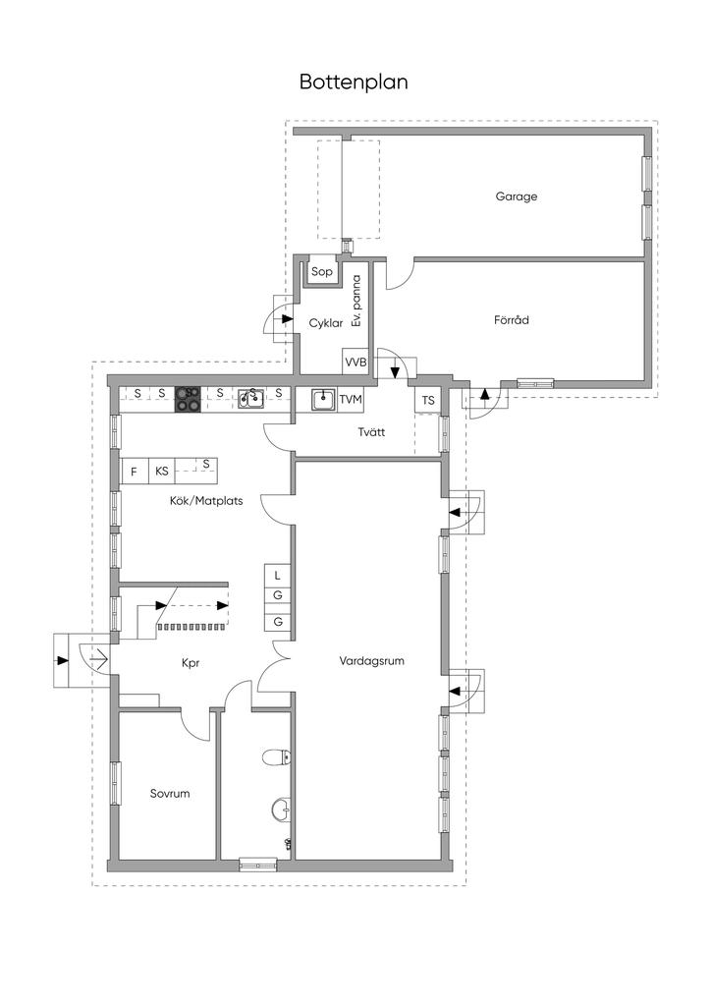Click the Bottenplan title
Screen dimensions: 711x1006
point(354,83)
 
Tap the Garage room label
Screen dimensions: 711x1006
point(517,196)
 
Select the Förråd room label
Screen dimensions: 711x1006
point(512,319)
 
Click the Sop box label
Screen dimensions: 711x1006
point(322,272)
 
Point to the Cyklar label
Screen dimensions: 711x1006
point(326,323)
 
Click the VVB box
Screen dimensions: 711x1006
point(355,362)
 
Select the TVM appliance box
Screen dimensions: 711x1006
point(350,400)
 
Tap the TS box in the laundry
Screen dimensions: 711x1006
point(428,401)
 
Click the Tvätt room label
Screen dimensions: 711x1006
point(372,432)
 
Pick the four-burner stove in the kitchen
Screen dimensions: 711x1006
point(188,399)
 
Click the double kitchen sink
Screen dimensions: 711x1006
point(250,399)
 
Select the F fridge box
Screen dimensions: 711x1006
point(135,472)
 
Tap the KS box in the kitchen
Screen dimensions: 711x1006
point(162,472)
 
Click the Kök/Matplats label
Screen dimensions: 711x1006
point(206,500)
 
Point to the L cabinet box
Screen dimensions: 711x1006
point(278,576)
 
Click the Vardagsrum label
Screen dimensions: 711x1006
point(372,661)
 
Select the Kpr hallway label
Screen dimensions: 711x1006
point(191,663)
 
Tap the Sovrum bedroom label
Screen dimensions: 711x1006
point(170,794)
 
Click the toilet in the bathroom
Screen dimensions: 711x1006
point(277,757)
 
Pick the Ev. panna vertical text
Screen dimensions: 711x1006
point(356,301)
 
